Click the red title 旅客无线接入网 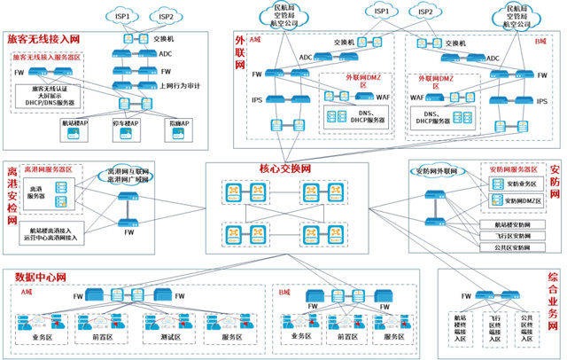click(x=43, y=39)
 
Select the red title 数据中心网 click(x=36, y=278)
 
